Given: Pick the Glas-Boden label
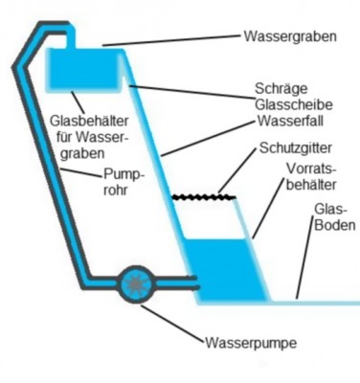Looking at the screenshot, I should coord(334,217).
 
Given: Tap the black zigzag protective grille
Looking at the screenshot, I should coord(204,199).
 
